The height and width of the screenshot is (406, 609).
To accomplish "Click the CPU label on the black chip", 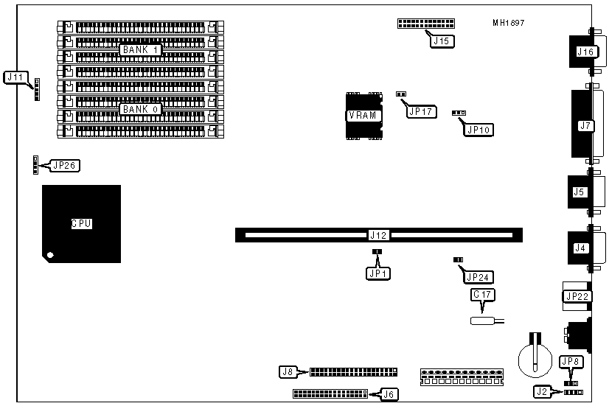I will coord(81,223).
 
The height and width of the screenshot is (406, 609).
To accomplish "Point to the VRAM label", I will coord(363,116).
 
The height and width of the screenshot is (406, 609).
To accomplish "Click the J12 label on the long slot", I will coord(378,236).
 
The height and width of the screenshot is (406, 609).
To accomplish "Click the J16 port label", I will coord(585,52).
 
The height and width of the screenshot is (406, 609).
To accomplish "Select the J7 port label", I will coord(586,126).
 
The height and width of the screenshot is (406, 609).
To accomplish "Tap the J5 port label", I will coord(580,192).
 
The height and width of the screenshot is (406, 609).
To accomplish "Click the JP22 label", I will coord(575,296).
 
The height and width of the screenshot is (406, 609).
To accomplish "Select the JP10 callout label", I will coord(478,130).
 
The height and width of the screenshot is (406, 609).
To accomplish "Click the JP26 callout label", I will coord(64,165).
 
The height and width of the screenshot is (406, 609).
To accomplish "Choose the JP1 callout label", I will coord(377,273).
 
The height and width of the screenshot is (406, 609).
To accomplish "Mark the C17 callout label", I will coord(483,295).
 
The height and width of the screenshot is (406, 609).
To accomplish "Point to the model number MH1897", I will coord(509,23).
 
